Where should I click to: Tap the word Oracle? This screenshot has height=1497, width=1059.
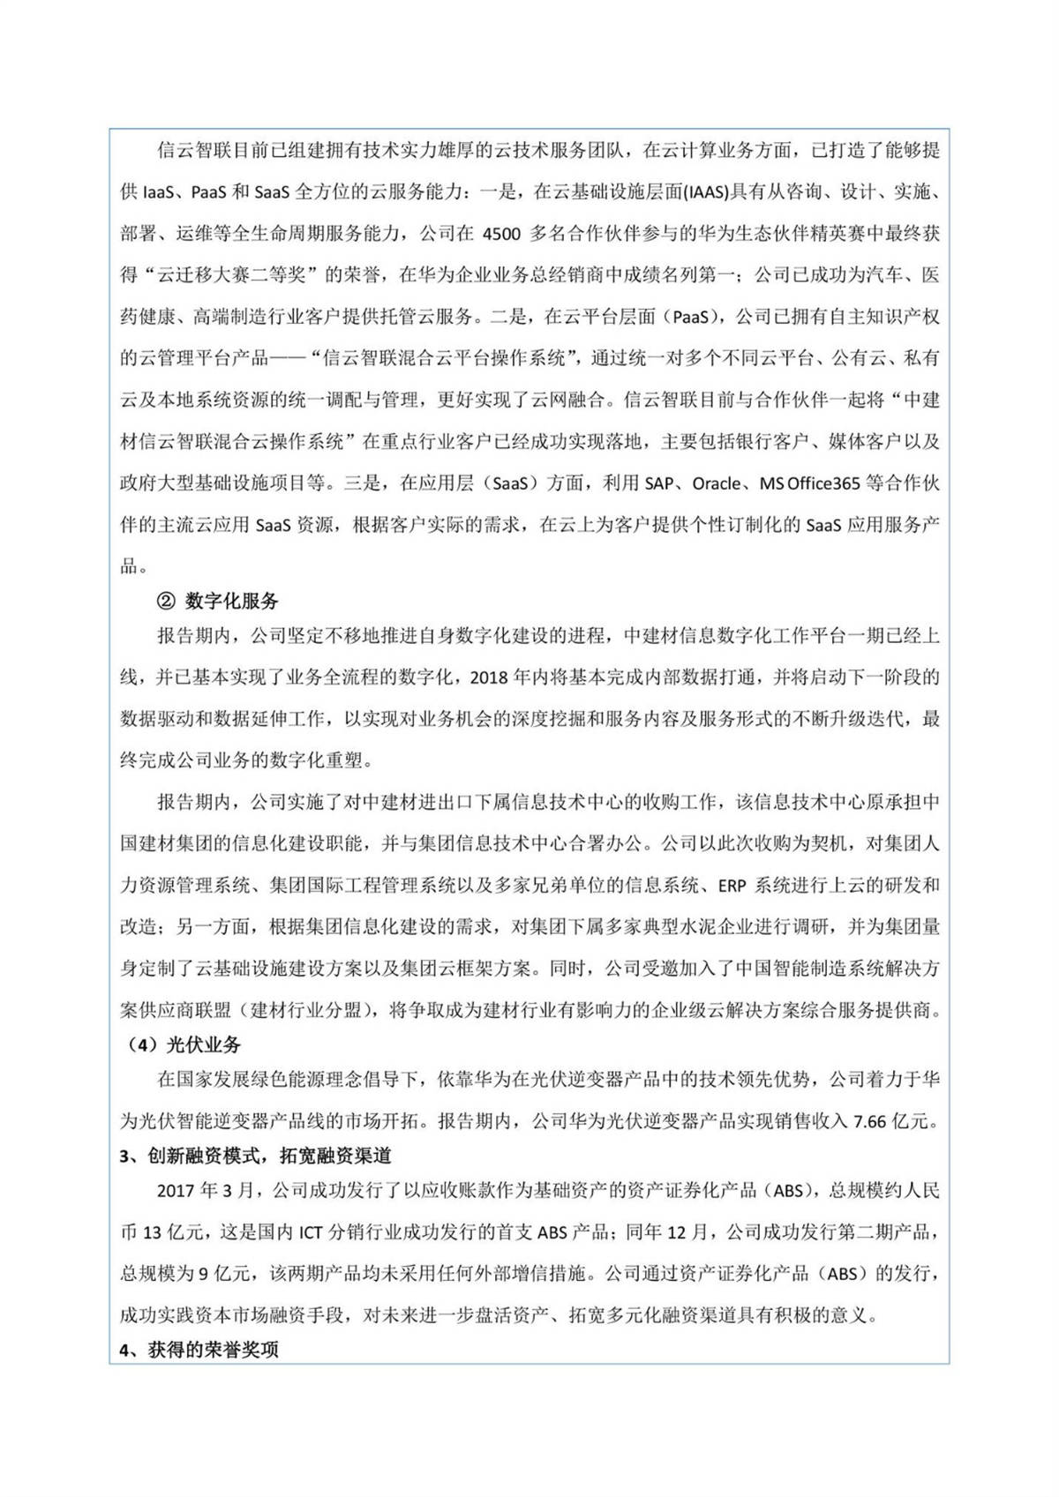click(x=716, y=483)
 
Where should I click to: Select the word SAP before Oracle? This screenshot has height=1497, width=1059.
click(x=658, y=483)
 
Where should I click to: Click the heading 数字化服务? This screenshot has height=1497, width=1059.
click(x=232, y=602)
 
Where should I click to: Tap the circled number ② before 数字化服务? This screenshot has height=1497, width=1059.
click(x=166, y=602)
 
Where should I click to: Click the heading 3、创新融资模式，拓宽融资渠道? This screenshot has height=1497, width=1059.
click(x=255, y=1156)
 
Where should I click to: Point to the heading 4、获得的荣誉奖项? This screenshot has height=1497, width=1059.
click(x=199, y=1351)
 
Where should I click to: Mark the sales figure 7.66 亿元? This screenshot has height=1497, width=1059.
click(x=891, y=1121)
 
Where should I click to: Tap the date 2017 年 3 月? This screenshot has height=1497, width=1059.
click(x=205, y=1191)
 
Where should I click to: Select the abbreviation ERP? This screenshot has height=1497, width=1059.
click(x=733, y=886)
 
